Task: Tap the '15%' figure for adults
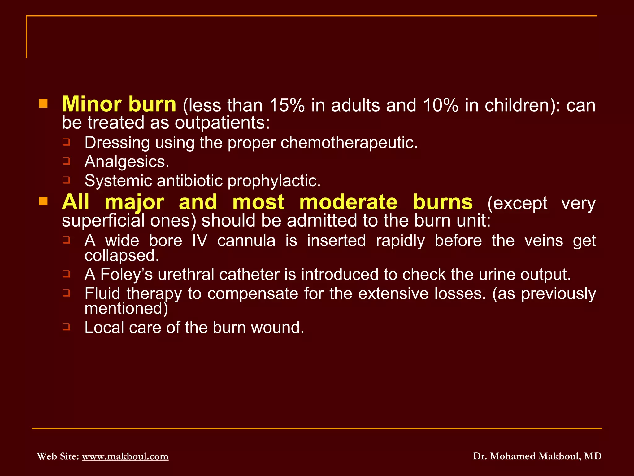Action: (287, 105)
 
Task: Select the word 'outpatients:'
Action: (222, 123)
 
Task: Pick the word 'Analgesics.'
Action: (127, 162)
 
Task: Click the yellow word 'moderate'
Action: (348, 202)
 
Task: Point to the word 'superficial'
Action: (103, 221)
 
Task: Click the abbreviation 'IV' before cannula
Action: (200, 241)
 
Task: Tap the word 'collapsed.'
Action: (122, 256)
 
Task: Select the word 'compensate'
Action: (252, 294)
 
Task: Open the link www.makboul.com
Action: (125, 456)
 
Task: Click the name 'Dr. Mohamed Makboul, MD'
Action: (537, 456)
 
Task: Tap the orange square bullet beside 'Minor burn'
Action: (43, 104)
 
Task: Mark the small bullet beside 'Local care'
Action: (66, 327)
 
